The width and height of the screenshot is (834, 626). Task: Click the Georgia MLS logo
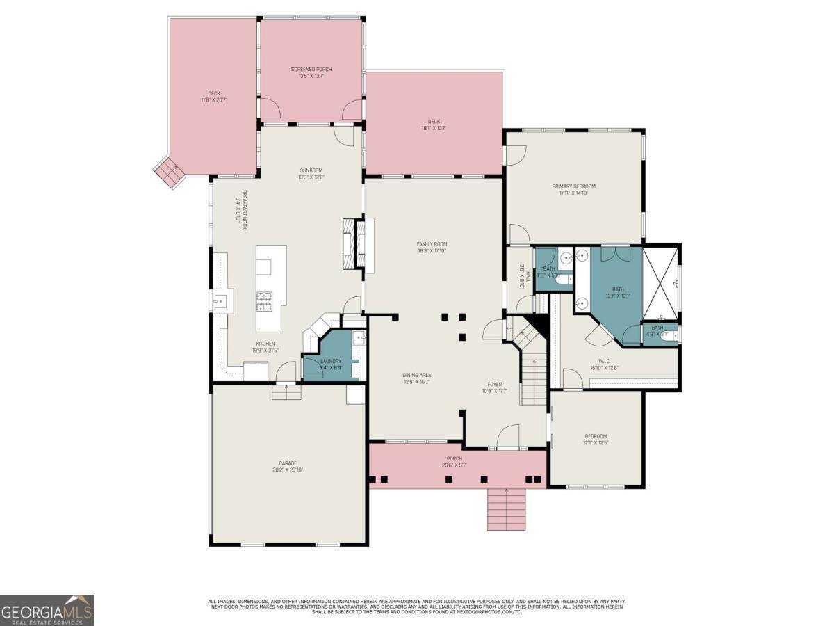(47, 609)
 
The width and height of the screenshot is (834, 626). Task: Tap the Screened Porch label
(311, 72)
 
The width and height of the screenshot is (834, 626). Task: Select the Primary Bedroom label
(573, 190)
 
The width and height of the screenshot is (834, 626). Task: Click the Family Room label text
(432, 248)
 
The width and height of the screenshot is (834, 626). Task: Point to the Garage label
(288, 466)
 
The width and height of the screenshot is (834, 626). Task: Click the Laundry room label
(330, 364)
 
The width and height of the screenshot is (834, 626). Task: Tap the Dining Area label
(417, 378)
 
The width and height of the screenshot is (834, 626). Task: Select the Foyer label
(494, 387)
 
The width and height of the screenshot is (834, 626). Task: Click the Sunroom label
(311, 174)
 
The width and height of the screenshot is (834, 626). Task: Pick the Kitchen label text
(265, 346)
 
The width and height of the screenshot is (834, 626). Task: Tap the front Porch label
(455, 462)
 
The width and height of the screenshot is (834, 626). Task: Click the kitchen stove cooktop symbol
(265, 300)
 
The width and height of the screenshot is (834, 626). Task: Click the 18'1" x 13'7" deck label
(434, 125)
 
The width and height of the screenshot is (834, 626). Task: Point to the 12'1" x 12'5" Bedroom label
(596, 439)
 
